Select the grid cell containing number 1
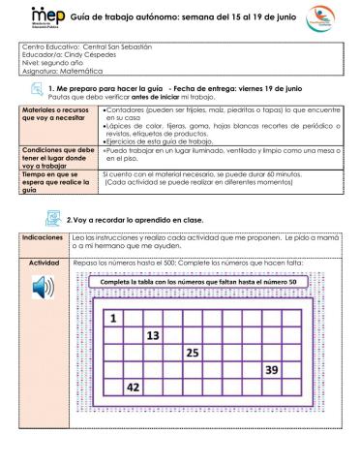click(113, 318)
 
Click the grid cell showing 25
click(194, 352)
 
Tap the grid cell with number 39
click(272, 369)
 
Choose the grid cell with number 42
click(134, 387)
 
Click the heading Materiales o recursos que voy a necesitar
click(57, 118)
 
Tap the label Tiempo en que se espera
click(57, 182)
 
